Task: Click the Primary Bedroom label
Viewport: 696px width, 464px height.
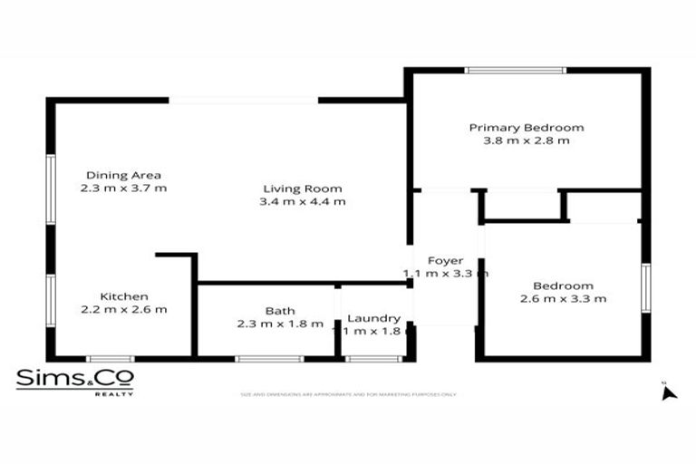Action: click(x=526, y=128)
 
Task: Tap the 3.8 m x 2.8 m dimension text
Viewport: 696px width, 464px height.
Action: click(x=526, y=141)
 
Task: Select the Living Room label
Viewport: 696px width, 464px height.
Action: click(x=303, y=188)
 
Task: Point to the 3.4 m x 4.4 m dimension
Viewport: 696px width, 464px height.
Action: click(x=303, y=202)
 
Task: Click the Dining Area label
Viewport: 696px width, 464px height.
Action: click(x=123, y=175)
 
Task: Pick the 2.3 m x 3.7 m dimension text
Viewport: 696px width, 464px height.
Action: click(x=123, y=188)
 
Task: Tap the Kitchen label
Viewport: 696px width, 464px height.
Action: click(x=124, y=296)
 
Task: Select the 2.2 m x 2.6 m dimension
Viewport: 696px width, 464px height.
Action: click(x=124, y=310)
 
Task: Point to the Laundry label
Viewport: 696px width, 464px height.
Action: click(x=374, y=318)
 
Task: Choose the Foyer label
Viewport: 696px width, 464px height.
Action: click(x=445, y=260)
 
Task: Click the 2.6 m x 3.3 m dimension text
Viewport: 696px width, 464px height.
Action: click(x=563, y=298)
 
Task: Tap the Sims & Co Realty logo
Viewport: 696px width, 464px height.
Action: click(x=74, y=382)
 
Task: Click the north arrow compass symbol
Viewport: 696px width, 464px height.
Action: click(x=669, y=391)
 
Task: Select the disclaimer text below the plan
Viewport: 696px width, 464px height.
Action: click(x=348, y=394)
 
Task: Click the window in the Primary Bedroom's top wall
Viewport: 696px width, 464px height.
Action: click(x=515, y=70)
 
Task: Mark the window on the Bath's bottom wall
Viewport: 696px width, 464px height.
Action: click(x=269, y=359)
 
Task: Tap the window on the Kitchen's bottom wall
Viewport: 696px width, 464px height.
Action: click(x=110, y=359)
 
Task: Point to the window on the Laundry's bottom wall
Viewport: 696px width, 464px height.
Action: click(x=374, y=359)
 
